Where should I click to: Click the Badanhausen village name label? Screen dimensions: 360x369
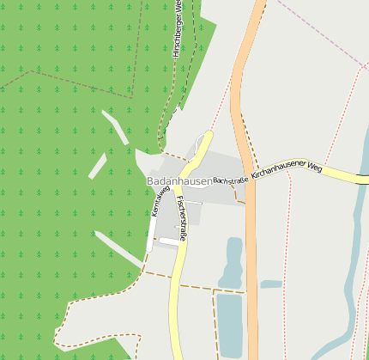pyautogui.click(x=178, y=181)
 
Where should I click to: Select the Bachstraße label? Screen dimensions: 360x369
pyautogui.click(x=230, y=180)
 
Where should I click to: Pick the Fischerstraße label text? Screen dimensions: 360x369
pyautogui.click(x=183, y=217)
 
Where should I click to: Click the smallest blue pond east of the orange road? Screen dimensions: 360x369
pyautogui.click(x=271, y=284)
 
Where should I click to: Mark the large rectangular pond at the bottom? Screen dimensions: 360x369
pyautogui.click(x=230, y=324)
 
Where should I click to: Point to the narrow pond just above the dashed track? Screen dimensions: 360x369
pyautogui.click(x=233, y=262)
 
